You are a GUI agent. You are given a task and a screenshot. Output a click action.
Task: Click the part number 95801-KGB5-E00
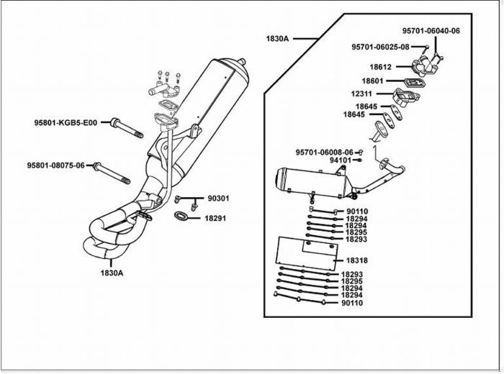click(66, 123)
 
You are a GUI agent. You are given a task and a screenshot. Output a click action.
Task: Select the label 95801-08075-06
click(55, 165)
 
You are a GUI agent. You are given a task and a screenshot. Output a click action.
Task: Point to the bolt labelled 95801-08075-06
click(112, 173)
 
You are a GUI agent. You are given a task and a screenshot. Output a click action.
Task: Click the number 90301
click(219, 199)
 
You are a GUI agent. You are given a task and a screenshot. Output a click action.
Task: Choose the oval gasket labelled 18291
click(181, 216)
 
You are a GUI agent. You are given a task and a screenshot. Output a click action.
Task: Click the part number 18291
click(215, 219)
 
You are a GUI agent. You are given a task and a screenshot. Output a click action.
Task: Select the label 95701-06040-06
click(431, 31)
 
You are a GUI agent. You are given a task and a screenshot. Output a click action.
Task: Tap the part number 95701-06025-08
click(380, 47)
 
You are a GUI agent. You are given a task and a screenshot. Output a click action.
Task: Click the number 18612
click(381, 67)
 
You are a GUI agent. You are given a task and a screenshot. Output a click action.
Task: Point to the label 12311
click(361, 93)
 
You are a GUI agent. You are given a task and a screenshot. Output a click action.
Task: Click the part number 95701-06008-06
click(324, 152)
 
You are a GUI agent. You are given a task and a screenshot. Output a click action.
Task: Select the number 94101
click(341, 160)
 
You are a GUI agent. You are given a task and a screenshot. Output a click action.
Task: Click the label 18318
click(357, 260)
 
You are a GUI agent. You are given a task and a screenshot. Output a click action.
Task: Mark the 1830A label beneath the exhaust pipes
click(112, 273)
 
